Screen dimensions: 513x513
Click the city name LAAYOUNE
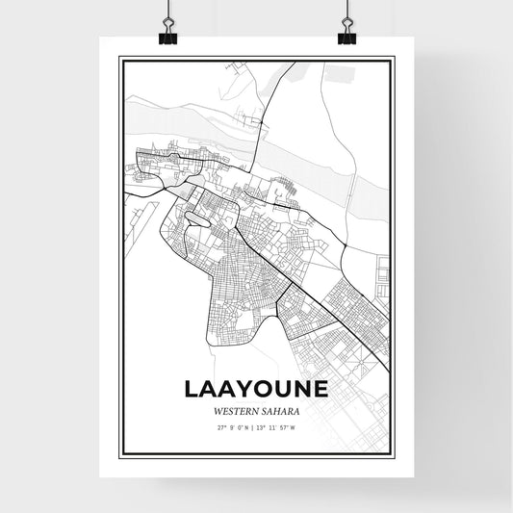pyautogui.click(x=256, y=389)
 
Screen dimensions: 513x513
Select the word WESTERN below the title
pyautogui.click(x=237, y=410)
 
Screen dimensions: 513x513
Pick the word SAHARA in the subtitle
pyautogui.click(x=280, y=410)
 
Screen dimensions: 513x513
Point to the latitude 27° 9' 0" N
pyautogui.click(x=232, y=427)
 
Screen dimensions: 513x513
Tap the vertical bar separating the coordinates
pyautogui.click(x=255, y=427)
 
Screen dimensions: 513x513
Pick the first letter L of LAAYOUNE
pyautogui.click(x=189, y=389)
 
